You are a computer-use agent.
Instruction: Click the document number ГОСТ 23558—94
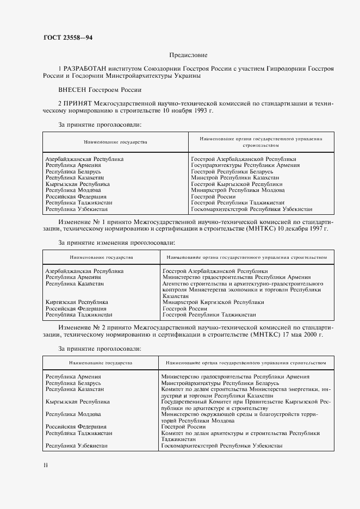click(65, 37)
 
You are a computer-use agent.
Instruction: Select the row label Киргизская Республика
click(77, 302)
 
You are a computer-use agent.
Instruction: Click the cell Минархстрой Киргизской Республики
click(213, 302)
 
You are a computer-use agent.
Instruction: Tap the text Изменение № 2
click(82, 328)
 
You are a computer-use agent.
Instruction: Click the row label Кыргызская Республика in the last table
click(78, 401)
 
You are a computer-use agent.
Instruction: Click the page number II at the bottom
click(46, 465)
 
